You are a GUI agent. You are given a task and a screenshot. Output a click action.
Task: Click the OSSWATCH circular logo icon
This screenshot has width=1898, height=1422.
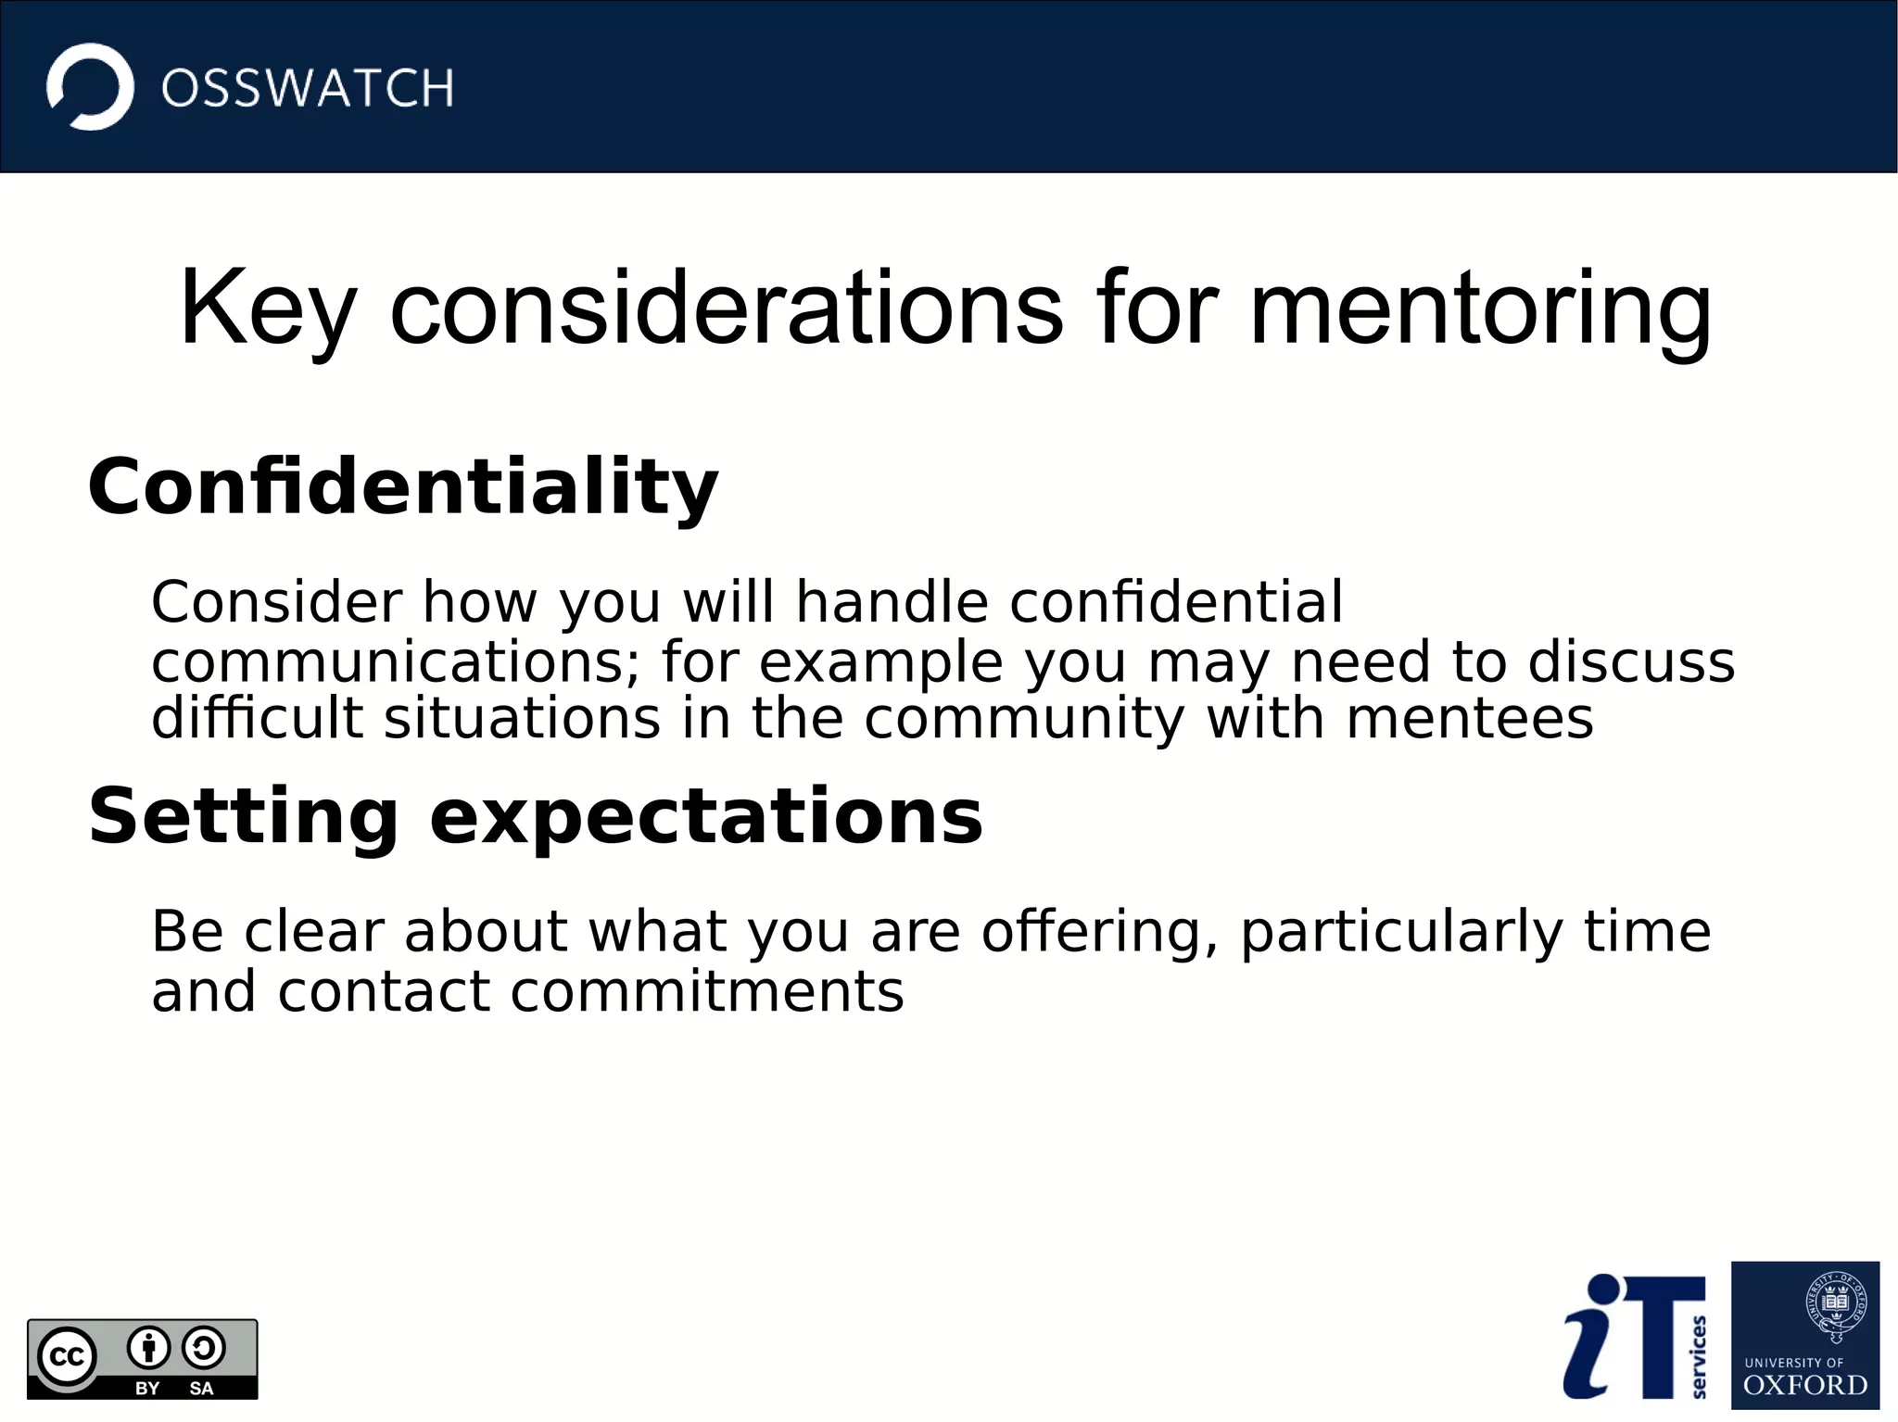pyautogui.click(x=90, y=87)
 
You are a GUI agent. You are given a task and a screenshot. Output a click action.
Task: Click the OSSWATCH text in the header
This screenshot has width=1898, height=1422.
pyautogui.click(x=307, y=89)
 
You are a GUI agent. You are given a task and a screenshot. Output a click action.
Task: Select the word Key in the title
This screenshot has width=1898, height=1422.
pyautogui.click(x=268, y=308)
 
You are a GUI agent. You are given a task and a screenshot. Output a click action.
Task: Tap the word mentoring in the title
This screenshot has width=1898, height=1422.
pyautogui.click(x=1479, y=308)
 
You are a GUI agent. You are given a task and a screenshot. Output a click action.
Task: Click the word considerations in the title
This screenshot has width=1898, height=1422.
pyautogui.click(x=726, y=308)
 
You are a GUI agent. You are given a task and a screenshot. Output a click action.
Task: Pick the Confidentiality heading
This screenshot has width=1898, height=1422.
pyautogui.click(x=402, y=487)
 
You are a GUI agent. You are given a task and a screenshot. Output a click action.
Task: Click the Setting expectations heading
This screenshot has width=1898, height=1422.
pyautogui.click(x=535, y=816)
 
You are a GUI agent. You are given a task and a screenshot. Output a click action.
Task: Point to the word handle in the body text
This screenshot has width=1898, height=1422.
pyautogui.click(x=892, y=602)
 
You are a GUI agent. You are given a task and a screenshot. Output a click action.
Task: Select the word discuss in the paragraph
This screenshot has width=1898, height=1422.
pyautogui.click(x=1630, y=662)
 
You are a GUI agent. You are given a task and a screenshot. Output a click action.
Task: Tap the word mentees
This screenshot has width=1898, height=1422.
pyautogui.click(x=1469, y=719)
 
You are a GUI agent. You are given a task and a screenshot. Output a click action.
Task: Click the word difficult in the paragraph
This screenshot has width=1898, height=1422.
pyautogui.click(x=257, y=719)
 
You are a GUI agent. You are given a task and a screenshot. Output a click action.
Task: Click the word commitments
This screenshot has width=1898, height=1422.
pyautogui.click(x=706, y=992)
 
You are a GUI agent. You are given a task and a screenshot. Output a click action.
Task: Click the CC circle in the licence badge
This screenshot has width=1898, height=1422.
pyautogui.click(x=67, y=1357)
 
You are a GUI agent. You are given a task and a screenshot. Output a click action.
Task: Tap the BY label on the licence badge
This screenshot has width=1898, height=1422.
pyautogui.click(x=147, y=1388)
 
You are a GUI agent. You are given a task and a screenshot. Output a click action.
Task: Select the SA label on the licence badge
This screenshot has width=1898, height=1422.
pyautogui.click(x=201, y=1388)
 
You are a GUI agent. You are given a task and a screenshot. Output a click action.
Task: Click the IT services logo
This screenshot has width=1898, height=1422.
pyautogui.click(x=1635, y=1336)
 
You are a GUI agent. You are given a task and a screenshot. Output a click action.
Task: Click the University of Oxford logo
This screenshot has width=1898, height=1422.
pyautogui.click(x=1804, y=1335)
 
